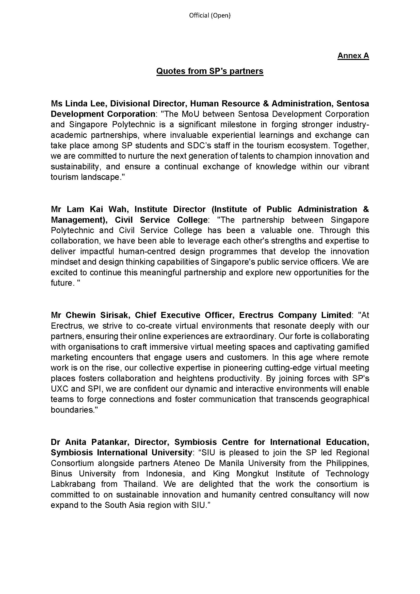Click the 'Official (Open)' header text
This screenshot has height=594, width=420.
tap(209, 15)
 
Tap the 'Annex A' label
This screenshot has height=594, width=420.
tap(353, 56)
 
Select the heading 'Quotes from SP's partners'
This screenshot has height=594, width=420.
tap(210, 71)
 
